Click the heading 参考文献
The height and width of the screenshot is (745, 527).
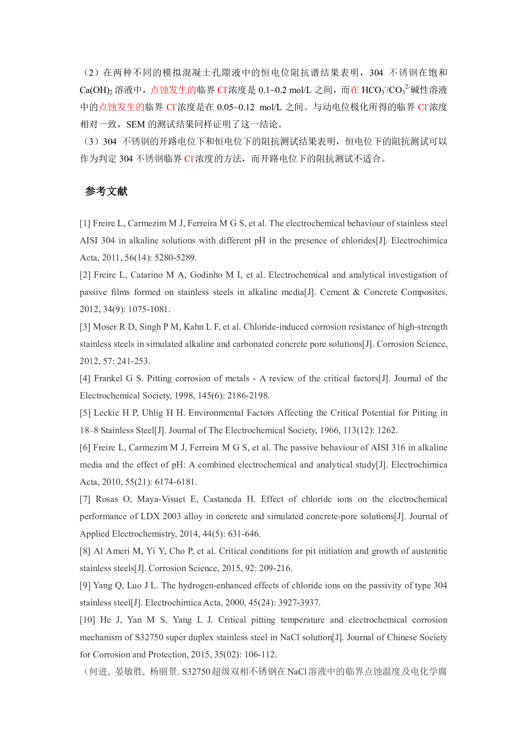[x=106, y=191]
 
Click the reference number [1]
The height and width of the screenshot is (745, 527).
[x=85, y=223]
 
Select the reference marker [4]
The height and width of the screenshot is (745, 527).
[x=85, y=378]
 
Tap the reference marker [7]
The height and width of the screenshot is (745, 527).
[x=85, y=499]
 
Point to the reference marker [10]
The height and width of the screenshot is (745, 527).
[x=87, y=620]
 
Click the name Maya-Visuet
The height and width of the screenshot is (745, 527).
[x=161, y=499]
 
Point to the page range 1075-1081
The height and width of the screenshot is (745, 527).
[x=149, y=309]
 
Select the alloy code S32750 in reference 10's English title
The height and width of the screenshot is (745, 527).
[x=149, y=637]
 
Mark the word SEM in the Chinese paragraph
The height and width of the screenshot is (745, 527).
[x=135, y=124]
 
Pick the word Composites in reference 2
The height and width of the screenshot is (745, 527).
[x=423, y=292]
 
